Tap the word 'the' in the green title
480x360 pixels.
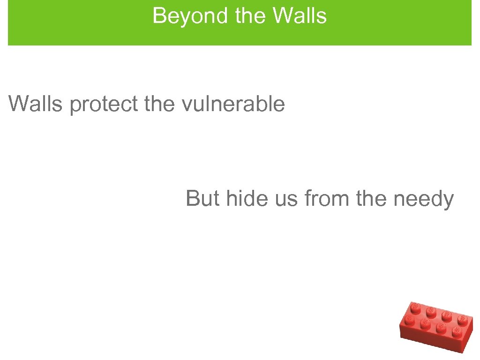(x=252, y=16)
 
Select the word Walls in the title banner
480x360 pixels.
(x=300, y=16)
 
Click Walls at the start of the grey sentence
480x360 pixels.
(x=36, y=104)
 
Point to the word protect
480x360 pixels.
(x=104, y=105)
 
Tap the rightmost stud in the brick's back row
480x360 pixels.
(x=462, y=321)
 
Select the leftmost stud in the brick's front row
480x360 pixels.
(x=409, y=319)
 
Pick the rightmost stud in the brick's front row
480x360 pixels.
(x=456, y=332)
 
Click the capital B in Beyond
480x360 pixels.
(x=158, y=16)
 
